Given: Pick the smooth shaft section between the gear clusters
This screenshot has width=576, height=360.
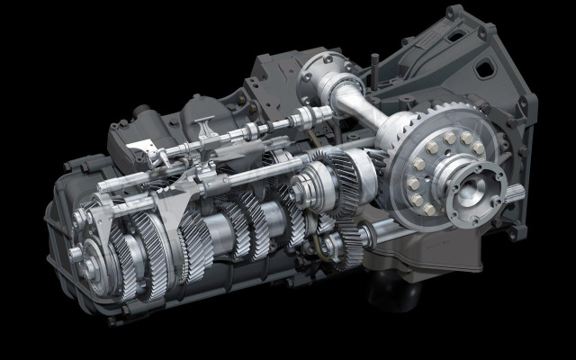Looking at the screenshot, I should [221, 237].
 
